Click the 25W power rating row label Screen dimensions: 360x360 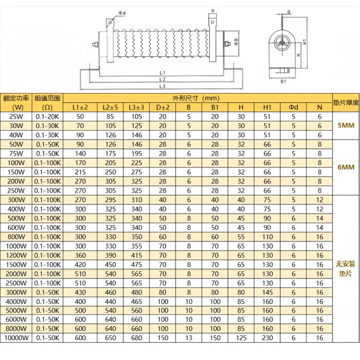[14, 116]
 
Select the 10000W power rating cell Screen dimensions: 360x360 [16, 337]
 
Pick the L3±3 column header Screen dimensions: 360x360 [136, 107]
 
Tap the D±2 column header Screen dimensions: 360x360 [162, 107]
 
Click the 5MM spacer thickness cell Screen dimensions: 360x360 [345, 126]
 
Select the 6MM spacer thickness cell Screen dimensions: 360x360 [345, 167]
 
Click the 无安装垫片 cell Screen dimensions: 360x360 [345, 269]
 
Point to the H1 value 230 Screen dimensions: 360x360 [267, 337]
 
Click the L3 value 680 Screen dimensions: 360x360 [136, 337]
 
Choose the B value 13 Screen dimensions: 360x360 [189, 337]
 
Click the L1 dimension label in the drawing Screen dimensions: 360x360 [163, 72]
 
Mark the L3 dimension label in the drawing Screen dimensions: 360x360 [163, 86]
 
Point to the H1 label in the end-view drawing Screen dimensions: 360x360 [305, 41]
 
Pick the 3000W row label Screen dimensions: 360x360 [16, 292]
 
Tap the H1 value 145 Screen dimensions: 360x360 [267, 292]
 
